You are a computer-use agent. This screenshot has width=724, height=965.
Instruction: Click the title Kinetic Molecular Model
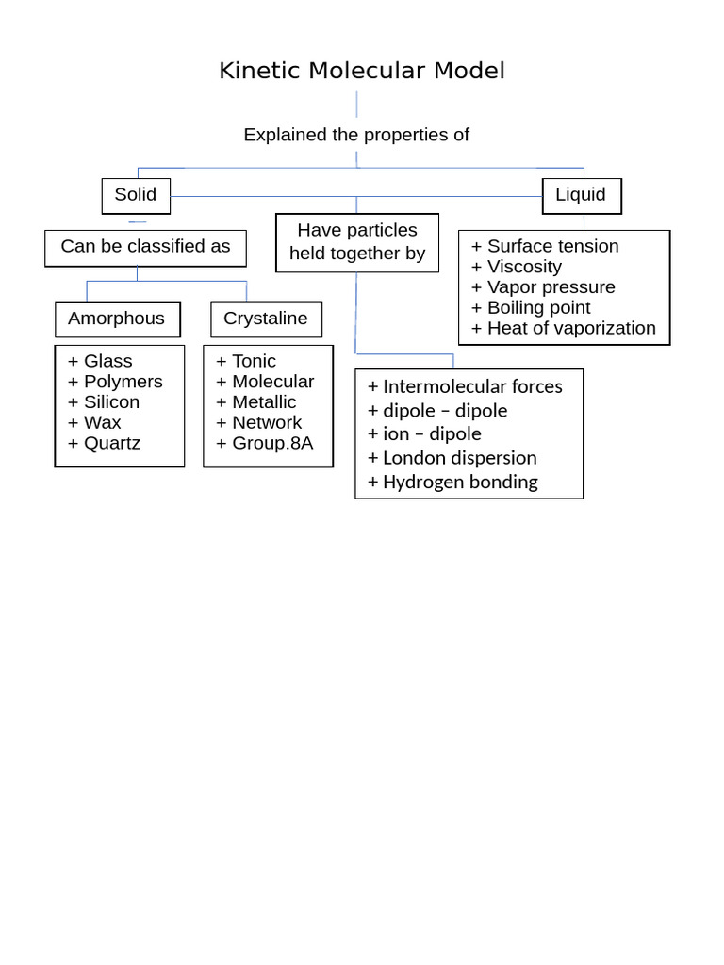point(362,71)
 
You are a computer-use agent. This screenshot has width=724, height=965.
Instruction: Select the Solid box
point(136,196)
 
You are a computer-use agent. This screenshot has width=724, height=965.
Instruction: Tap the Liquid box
point(582,196)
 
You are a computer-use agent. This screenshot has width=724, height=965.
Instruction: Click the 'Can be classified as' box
point(145,249)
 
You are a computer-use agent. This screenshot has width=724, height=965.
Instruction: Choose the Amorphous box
point(118,319)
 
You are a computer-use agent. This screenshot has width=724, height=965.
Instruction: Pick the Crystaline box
point(266,319)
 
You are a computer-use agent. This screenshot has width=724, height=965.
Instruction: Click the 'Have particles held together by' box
point(357,242)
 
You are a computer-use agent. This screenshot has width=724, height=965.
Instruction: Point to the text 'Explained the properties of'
point(356,135)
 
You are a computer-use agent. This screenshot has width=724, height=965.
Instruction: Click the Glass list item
point(100,361)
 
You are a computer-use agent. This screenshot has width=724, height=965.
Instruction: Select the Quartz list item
point(104,443)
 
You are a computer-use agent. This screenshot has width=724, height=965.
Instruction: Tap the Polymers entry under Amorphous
point(115,382)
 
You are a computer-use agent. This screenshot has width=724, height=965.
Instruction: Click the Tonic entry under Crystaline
point(246,361)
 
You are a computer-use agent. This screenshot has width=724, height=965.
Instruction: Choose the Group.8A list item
point(265,443)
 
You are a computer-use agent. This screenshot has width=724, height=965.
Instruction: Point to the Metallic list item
point(256,401)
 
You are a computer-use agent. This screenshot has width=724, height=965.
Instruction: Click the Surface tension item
point(545,246)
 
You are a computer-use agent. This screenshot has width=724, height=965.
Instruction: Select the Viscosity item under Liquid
point(517,267)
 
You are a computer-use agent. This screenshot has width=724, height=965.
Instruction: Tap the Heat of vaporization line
point(564,328)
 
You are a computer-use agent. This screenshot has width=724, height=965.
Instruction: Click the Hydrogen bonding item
point(452,482)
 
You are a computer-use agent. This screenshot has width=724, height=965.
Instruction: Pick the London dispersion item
point(452,458)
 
